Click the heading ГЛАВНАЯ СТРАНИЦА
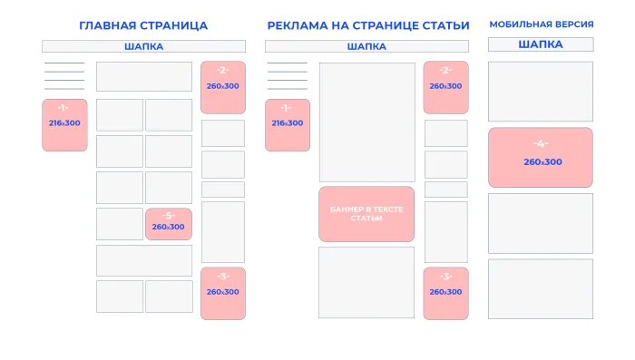click(x=143, y=25)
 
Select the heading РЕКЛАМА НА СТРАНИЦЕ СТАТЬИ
click(x=368, y=25)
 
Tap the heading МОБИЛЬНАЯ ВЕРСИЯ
click(x=541, y=24)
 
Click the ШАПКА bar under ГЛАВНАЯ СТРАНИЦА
click(x=143, y=46)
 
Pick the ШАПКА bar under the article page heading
click(x=366, y=46)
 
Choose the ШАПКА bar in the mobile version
click(x=541, y=44)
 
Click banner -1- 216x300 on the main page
click(x=64, y=125)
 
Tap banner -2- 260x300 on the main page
click(x=222, y=87)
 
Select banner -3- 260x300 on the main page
click(x=222, y=293)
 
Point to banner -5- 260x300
click(x=168, y=224)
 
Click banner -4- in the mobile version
click(x=541, y=157)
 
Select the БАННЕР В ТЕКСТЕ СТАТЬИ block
click(x=366, y=214)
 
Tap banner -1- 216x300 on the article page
click(x=288, y=125)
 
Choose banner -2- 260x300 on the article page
click(x=445, y=87)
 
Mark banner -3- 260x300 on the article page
click(x=445, y=293)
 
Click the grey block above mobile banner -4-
click(x=541, y=92)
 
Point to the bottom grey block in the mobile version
click(x=541, y=288)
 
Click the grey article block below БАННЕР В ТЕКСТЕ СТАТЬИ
click(x=366, y=282)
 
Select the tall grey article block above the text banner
click(x=366, y=122)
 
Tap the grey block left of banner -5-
click(x=120, y=224)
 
